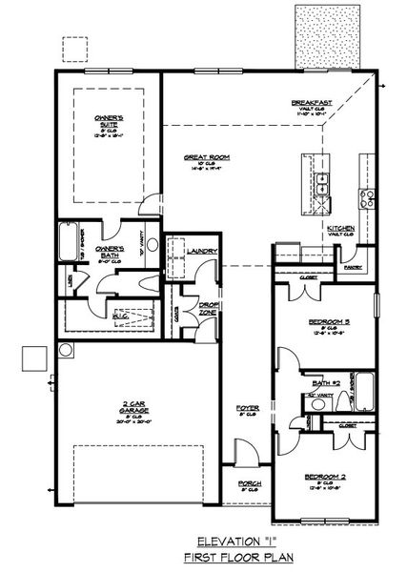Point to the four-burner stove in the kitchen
(x=364, y=199)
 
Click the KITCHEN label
(x=340, y=230)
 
